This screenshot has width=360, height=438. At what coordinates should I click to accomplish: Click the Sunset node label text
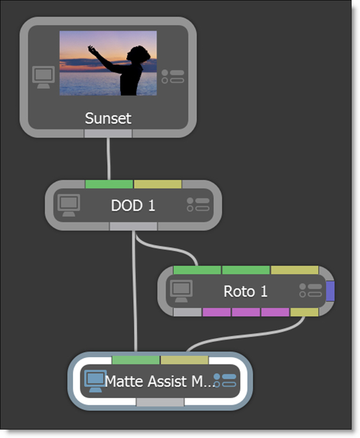[108, 118]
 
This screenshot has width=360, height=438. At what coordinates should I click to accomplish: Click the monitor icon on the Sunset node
[44, 76]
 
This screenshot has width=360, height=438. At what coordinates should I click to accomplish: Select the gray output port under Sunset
[108, 134]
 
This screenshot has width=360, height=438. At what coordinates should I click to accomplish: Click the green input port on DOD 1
[109, 184]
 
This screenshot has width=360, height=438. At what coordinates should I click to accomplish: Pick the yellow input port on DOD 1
[157, 184]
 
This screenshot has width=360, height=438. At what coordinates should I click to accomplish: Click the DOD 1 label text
[133, 205]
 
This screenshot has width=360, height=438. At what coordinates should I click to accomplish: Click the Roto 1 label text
[245, 291]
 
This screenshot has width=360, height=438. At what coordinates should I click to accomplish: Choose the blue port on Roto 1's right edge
[330, 291]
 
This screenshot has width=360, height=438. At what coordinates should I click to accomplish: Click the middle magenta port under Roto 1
[246, 312]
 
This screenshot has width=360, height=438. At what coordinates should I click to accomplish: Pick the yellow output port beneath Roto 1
[304, 312]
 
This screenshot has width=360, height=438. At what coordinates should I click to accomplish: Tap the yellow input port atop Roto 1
[294, 270]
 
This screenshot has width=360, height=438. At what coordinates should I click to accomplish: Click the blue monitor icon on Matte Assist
[93, 381]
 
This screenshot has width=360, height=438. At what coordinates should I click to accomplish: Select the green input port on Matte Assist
[136, 360]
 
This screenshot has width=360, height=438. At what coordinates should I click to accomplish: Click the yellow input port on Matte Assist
[184, 360]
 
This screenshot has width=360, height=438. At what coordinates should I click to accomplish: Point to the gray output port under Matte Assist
[160, 402]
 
